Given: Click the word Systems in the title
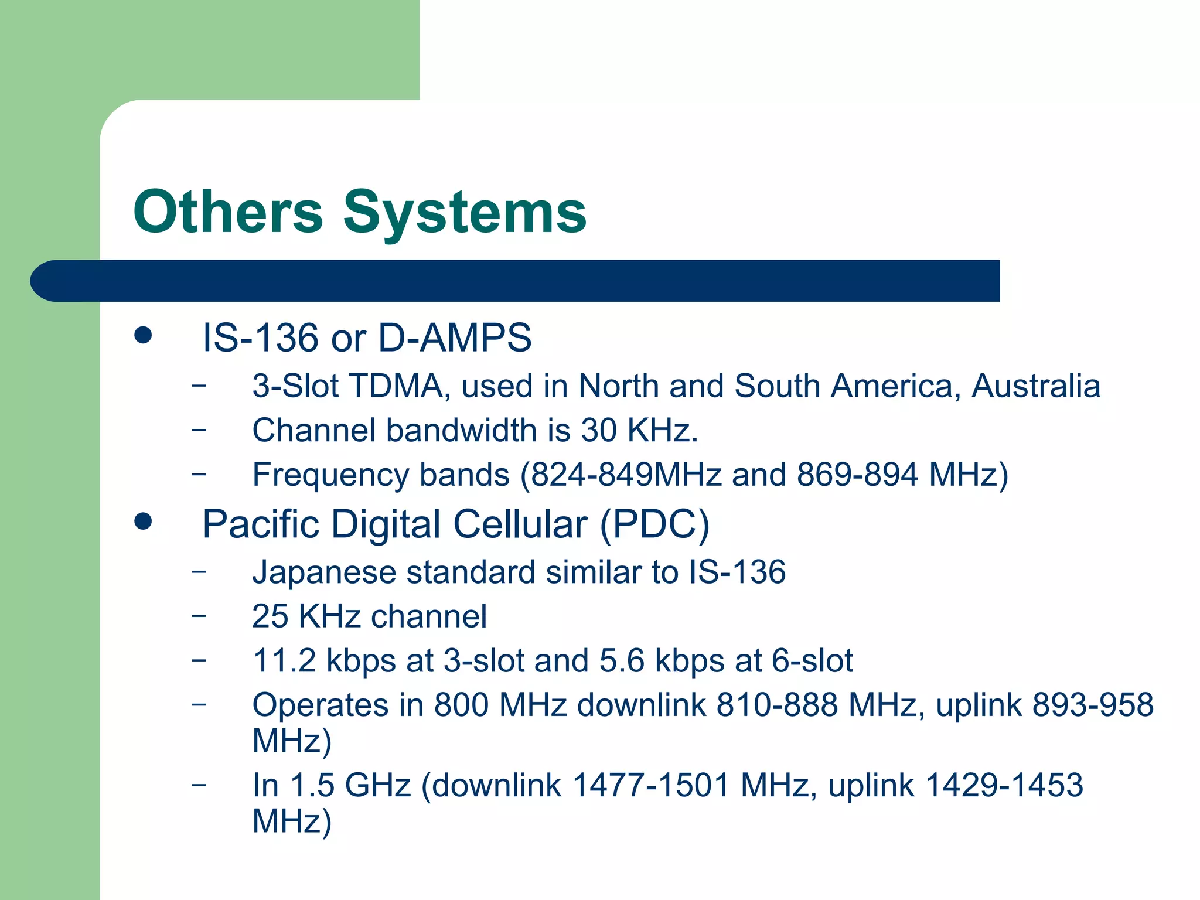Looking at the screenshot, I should pyautogui.click(x=464, y=212).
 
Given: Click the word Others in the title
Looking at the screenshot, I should pyautogui.click(x=228, y=212).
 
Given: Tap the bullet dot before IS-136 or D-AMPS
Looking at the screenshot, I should pyautogui.click(x=143, y=336).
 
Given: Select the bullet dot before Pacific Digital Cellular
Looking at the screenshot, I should pyautogui.click(x=143, y=521).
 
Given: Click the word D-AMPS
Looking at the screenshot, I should pyautogui.click(x=455, y=338).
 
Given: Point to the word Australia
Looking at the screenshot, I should pyautogui.click(x=1035, y=387).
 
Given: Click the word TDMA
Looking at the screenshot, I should pyautogui.click(x=396, y=387).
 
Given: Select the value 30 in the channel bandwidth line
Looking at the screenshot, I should pyautogui.click(x=599, y=431).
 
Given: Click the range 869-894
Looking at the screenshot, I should pyautogui.click(x=857, y=475).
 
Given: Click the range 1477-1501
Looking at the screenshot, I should pyautogui.click(x=650, y=785).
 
